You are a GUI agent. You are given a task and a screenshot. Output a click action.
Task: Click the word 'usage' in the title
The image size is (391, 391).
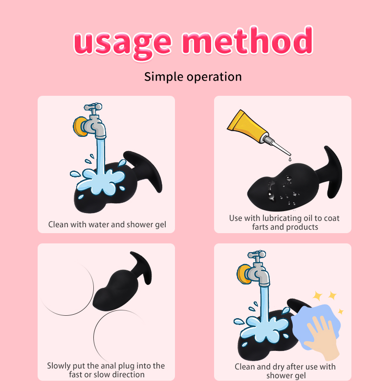(x=123, y=43)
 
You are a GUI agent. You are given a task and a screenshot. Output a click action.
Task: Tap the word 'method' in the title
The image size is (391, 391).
(x=247, y=41)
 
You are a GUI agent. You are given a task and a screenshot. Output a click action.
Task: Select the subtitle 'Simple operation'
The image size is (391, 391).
(x=193, y=77)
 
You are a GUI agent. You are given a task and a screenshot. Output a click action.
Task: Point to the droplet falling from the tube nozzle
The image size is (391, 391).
(x=290, y=158)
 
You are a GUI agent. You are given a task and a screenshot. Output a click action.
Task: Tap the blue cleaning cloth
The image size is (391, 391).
(x=315, y=324)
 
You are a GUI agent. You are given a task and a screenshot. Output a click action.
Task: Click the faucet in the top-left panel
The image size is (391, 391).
(x=90, y=121)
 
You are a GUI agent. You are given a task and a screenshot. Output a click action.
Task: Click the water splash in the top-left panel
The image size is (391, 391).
(x=100, y=180)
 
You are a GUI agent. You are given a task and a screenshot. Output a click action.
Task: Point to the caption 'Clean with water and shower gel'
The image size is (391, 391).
(x=107, y=224)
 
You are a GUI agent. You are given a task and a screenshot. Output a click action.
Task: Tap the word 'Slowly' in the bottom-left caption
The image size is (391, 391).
(x=59, y=366)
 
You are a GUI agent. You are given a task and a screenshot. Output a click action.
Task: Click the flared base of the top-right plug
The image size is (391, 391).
(x=333, y=172)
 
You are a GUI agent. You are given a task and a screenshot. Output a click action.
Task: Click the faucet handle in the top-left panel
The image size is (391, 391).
(x=93, y=107)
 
